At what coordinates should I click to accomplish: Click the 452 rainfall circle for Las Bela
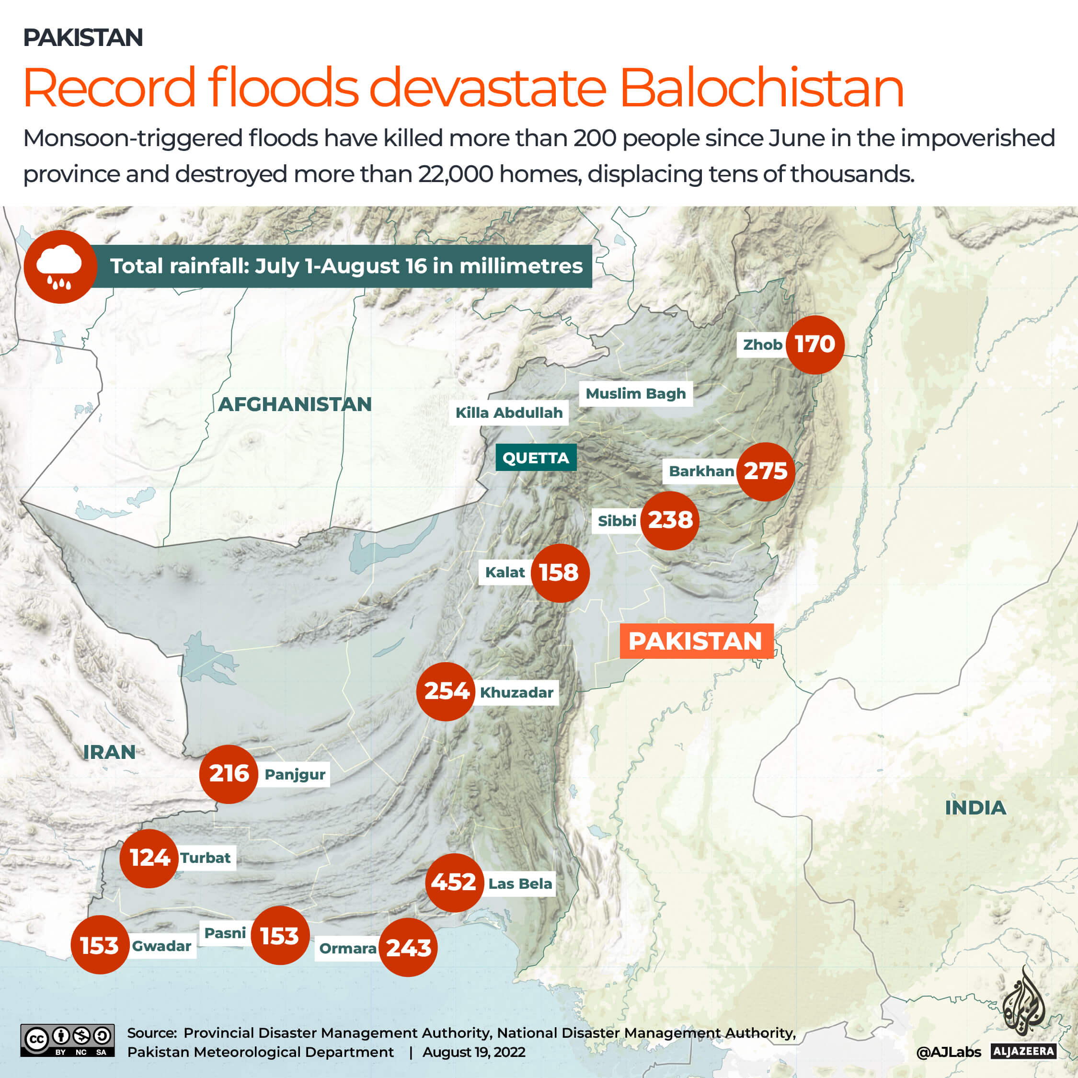click(x=454, y=883)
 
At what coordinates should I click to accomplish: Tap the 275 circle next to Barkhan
click(x=766, y=471)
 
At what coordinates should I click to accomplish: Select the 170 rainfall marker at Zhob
click(x=814, y=344)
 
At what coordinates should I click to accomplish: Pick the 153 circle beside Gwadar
click(x=100, y=945)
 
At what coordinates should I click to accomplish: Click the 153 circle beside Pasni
click(x=280, y=936)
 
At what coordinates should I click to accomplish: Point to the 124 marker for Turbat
click(x=149, y=858)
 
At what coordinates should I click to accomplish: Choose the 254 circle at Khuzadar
click(x=446, y=691)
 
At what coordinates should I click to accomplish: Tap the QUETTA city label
click(x=536, y=458)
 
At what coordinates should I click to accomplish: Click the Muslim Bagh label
click(x=635, y=393)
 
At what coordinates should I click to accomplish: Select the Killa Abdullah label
click(x=509, y=413)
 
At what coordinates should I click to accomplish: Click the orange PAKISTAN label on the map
click(x=696, y=641)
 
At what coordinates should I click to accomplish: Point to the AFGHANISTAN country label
click(x=295, y=404)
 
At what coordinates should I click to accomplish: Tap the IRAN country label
click(x=109, y=752)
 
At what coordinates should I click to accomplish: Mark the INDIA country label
click(x=975, y=807)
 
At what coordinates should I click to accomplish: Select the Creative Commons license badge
click(x=68, y=1040)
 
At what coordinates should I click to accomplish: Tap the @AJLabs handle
click(x=948, y=1052)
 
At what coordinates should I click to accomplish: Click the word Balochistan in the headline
click(x=762, y=88)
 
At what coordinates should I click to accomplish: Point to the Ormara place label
click(x=348, y=948)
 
